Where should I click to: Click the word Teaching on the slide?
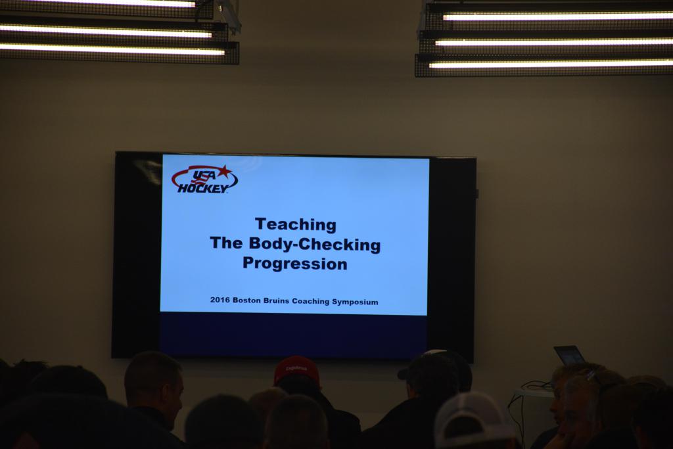tap(296, 225)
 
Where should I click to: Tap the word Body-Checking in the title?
tap(315, 244)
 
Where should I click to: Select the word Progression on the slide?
tap(295, 263)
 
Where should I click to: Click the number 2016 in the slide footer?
tap(220, 300)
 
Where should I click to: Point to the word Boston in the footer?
tap(246, 300)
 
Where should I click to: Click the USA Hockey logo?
tap(204, 179)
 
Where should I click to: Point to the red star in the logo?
tap(224, 172)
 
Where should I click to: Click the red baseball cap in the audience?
tap(296, 369)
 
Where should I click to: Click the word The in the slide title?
tap(226, 243)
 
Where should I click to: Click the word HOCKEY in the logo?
tap(203, 188)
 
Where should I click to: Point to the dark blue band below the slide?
tap(294, 335)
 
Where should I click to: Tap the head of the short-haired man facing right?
tap(154, 385)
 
